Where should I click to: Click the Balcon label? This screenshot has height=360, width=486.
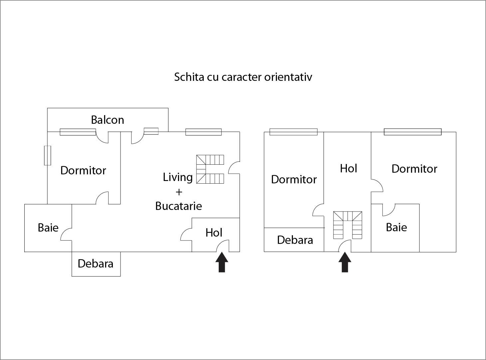pyautogui.click(x=107, y=120)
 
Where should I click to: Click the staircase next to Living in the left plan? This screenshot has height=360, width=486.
pyautogui.click(x=210, y=169)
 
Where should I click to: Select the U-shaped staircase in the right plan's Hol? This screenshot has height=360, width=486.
pyautogui.click(x=348, y=225)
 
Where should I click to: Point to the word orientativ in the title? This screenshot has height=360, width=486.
pyautogui.click(x=288, y=77)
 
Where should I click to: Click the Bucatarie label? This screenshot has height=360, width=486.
pyautogui.click(x=178, y=206)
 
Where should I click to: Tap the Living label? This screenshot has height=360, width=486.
pyautogui.click(x=178, y=177)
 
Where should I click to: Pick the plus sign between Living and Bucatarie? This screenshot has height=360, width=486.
pyautogui.click(x=179, y=192)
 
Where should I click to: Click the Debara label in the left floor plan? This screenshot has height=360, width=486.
pyautogui.click(x=96, y=264)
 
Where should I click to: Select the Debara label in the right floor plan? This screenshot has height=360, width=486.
pyautogui.click(x=295, y=240)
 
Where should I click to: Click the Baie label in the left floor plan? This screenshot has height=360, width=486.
pyautogui.click(x=48, y=228)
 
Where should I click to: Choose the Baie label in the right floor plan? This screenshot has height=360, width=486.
pyautogui.click(x=396, y=228)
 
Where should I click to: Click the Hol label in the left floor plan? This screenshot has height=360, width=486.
pyautogui.click(x=214, y=233)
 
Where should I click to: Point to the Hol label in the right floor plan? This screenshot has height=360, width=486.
pyautogui.click(x=349, y=169)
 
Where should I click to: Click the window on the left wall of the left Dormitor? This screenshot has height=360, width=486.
pyautogui.click(x=48, y=155)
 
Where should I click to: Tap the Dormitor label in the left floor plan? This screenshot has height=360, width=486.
pyautogui.click(x=83, y=171)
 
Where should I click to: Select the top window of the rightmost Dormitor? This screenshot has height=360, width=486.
pyautogui.click(x=413, y=132)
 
